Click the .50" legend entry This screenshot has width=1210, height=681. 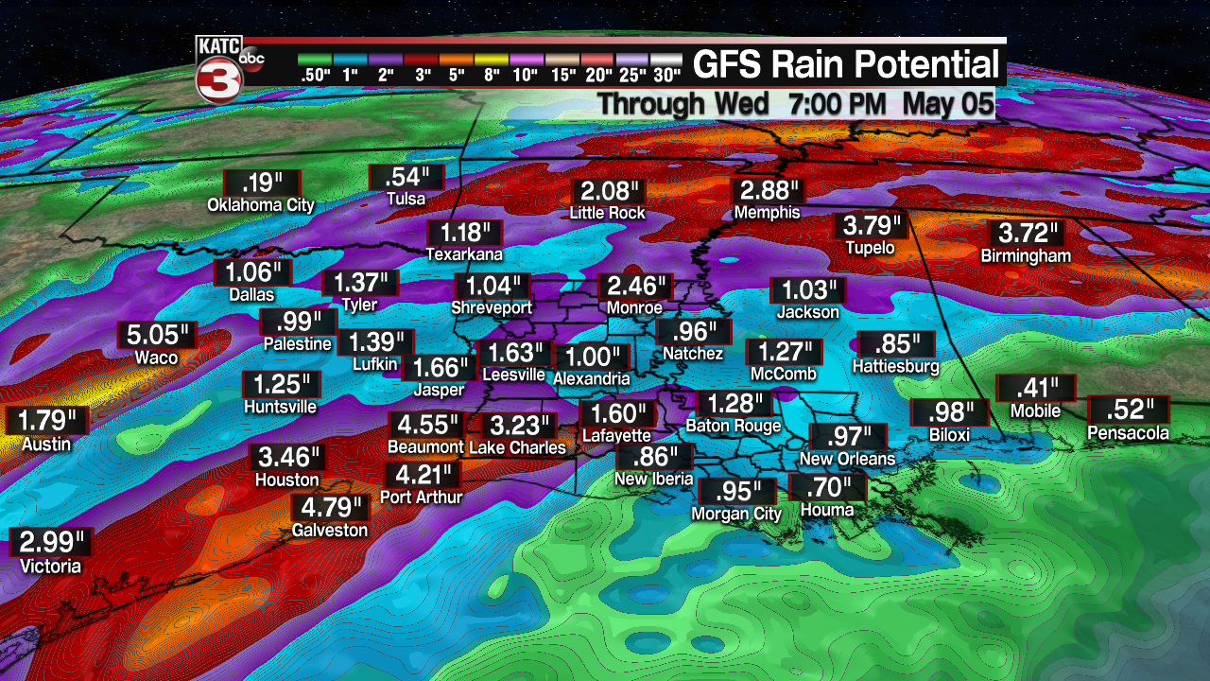(315, 66)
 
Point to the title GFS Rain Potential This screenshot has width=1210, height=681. (845, 65)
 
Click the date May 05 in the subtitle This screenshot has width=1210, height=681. (947, 103)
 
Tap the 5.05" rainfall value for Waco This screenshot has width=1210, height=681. (157, 336)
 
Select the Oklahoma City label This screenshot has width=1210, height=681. (261, 205)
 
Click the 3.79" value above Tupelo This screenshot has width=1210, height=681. (871, 227)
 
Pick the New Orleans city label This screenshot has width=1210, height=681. (847, 459)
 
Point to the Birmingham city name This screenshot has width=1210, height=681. (1026, 256)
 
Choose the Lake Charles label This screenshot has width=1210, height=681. (517, 447)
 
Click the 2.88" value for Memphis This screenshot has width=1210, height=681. (767, 191)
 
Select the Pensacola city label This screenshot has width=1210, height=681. (1129, 433)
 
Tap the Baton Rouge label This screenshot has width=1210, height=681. (734, 426)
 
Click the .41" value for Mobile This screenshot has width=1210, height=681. (1035, 388)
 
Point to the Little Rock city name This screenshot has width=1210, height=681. (607, 214)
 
